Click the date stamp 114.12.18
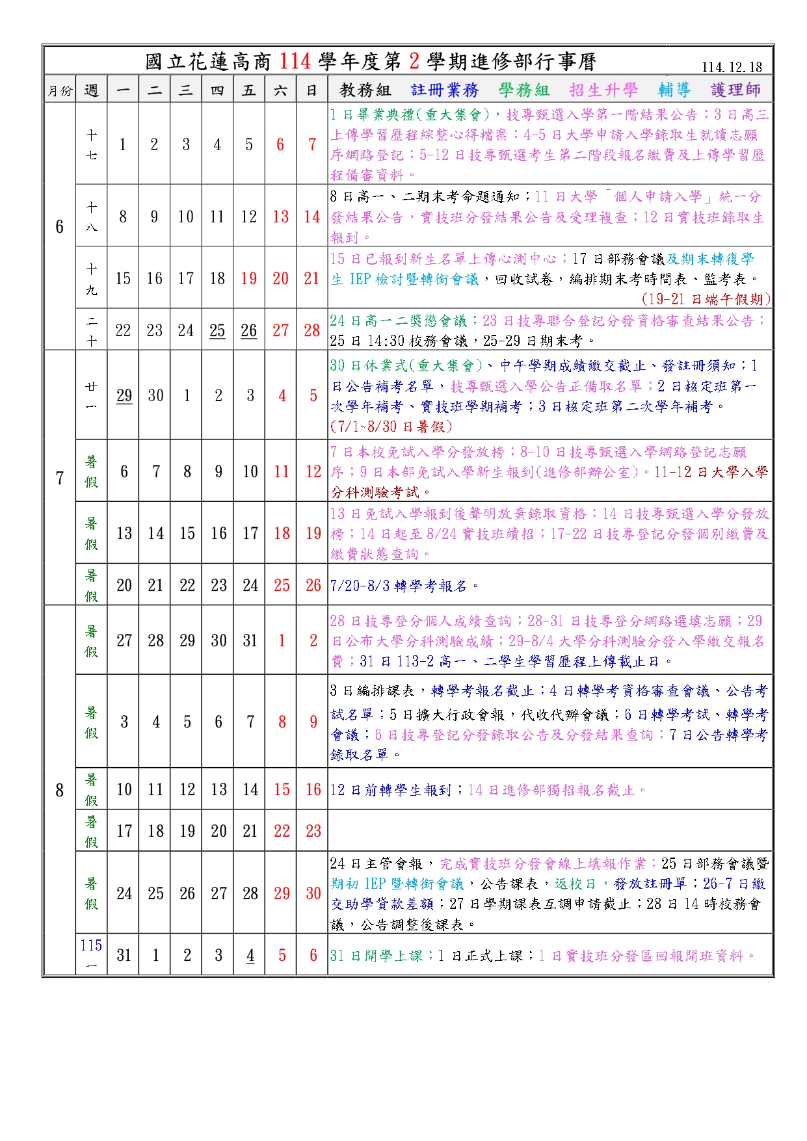click(x=732, y=68)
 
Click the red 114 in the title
click(x=295, y=62)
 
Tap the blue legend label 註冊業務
click(x=445, y=90)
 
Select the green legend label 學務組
click(x=524, y=90)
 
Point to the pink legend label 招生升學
click(x=603, y=90)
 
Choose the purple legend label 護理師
click(x=735, y=90)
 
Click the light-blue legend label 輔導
click(x=674, y=90)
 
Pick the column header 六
click(x=280, y=90)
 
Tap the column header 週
click(x=91, y=90)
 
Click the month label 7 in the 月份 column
click(x=60, y=478)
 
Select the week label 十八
click(x=92, y=216)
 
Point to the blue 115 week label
click(x=91, y=945)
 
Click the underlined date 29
click(x=124, y=396)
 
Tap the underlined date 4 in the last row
click(x=250, y=956)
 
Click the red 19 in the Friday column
click(x=249, y=279)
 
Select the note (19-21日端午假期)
click(x=706, y=299)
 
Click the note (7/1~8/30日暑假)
click(x=391, y=426)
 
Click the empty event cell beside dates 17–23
click(x=549, y=831)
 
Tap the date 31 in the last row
click(x=124, y=956)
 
